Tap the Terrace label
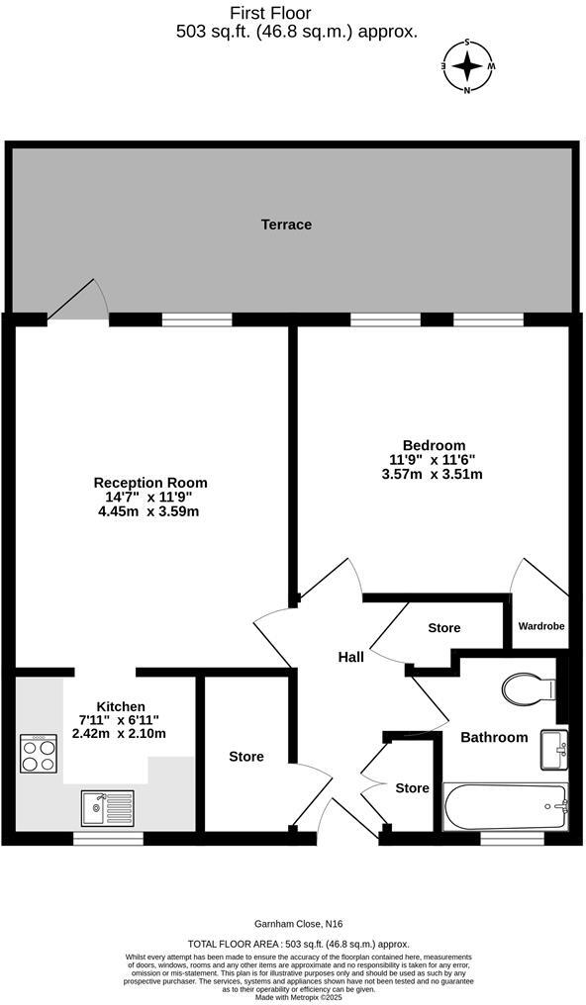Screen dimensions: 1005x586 [286, 225]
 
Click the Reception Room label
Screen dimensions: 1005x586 [150, 483]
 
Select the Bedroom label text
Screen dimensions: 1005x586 [434, 445]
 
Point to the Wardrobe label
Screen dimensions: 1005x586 [540, 626]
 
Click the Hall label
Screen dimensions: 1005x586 [350, 657]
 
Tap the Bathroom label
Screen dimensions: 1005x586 [494, 737]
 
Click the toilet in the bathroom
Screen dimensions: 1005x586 [529, 686]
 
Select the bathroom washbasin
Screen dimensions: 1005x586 [553, 749]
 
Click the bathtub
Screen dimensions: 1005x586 [506, 807]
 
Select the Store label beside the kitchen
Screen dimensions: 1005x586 [246, 757]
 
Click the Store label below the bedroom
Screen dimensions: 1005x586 [444, 628]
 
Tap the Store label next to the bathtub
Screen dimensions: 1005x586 [412, 788]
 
